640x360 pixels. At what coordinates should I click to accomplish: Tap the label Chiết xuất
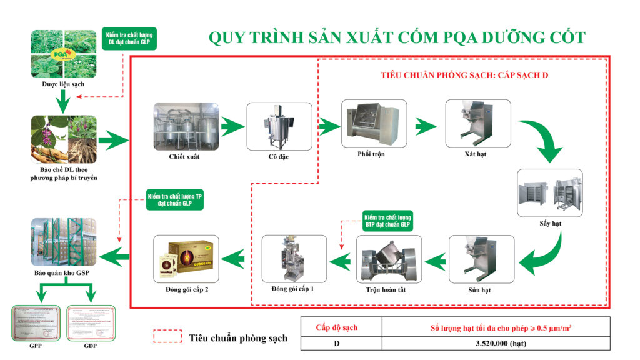(184, 157)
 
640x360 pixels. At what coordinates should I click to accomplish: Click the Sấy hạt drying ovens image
(550, 191)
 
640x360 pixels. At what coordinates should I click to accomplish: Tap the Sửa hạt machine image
(482, 258)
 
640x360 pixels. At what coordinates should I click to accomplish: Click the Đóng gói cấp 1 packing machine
(294, 258)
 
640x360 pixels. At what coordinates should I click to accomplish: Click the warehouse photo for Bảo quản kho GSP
(64, 242)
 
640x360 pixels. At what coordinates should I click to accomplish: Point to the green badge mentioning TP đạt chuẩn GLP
(173, 199)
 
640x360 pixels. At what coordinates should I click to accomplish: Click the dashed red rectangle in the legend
(167, 337)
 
